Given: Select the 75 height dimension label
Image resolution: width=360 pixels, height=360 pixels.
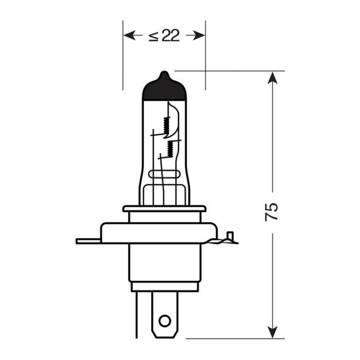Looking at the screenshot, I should (x=272, y=211).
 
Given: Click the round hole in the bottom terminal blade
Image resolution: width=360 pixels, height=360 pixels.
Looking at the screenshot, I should (x=164, y=320).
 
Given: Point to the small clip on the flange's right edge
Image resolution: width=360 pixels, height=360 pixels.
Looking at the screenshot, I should (x=230, y=238).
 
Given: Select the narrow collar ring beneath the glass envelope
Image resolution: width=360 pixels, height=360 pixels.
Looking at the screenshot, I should (x=164, y=209).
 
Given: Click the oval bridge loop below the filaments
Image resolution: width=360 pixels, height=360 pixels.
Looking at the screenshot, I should (x=164, y=188).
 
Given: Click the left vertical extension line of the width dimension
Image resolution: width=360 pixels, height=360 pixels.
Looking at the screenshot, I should (x=123, y=62).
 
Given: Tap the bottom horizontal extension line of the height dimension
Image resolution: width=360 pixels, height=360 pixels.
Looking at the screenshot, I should (x=231, y=338).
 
